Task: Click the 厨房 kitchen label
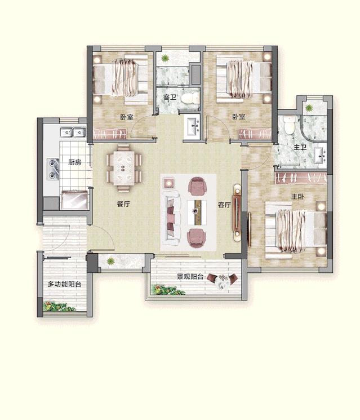tap(74, 162)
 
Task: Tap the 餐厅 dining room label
tap(123, 204)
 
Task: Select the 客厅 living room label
tap(224, 205)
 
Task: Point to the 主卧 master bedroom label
tap(297, 197)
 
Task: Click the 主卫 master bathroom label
tap(300, 147)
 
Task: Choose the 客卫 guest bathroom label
tap(170, 97)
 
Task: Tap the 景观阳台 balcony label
tap(190, 276)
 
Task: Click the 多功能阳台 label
tap(64, 284)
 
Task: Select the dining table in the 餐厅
tap(124, 168)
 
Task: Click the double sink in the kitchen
tap(73, 132)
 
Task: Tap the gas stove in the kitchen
tap(53, 169)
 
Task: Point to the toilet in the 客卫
tap(190, 98)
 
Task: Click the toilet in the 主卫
tap(289, 125)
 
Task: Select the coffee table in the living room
tap(197, 212)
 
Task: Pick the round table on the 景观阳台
tap(223, 281)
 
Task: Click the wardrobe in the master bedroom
tap(301, 178)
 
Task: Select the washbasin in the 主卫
tap(320, 156)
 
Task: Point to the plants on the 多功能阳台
tap(59, 307)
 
